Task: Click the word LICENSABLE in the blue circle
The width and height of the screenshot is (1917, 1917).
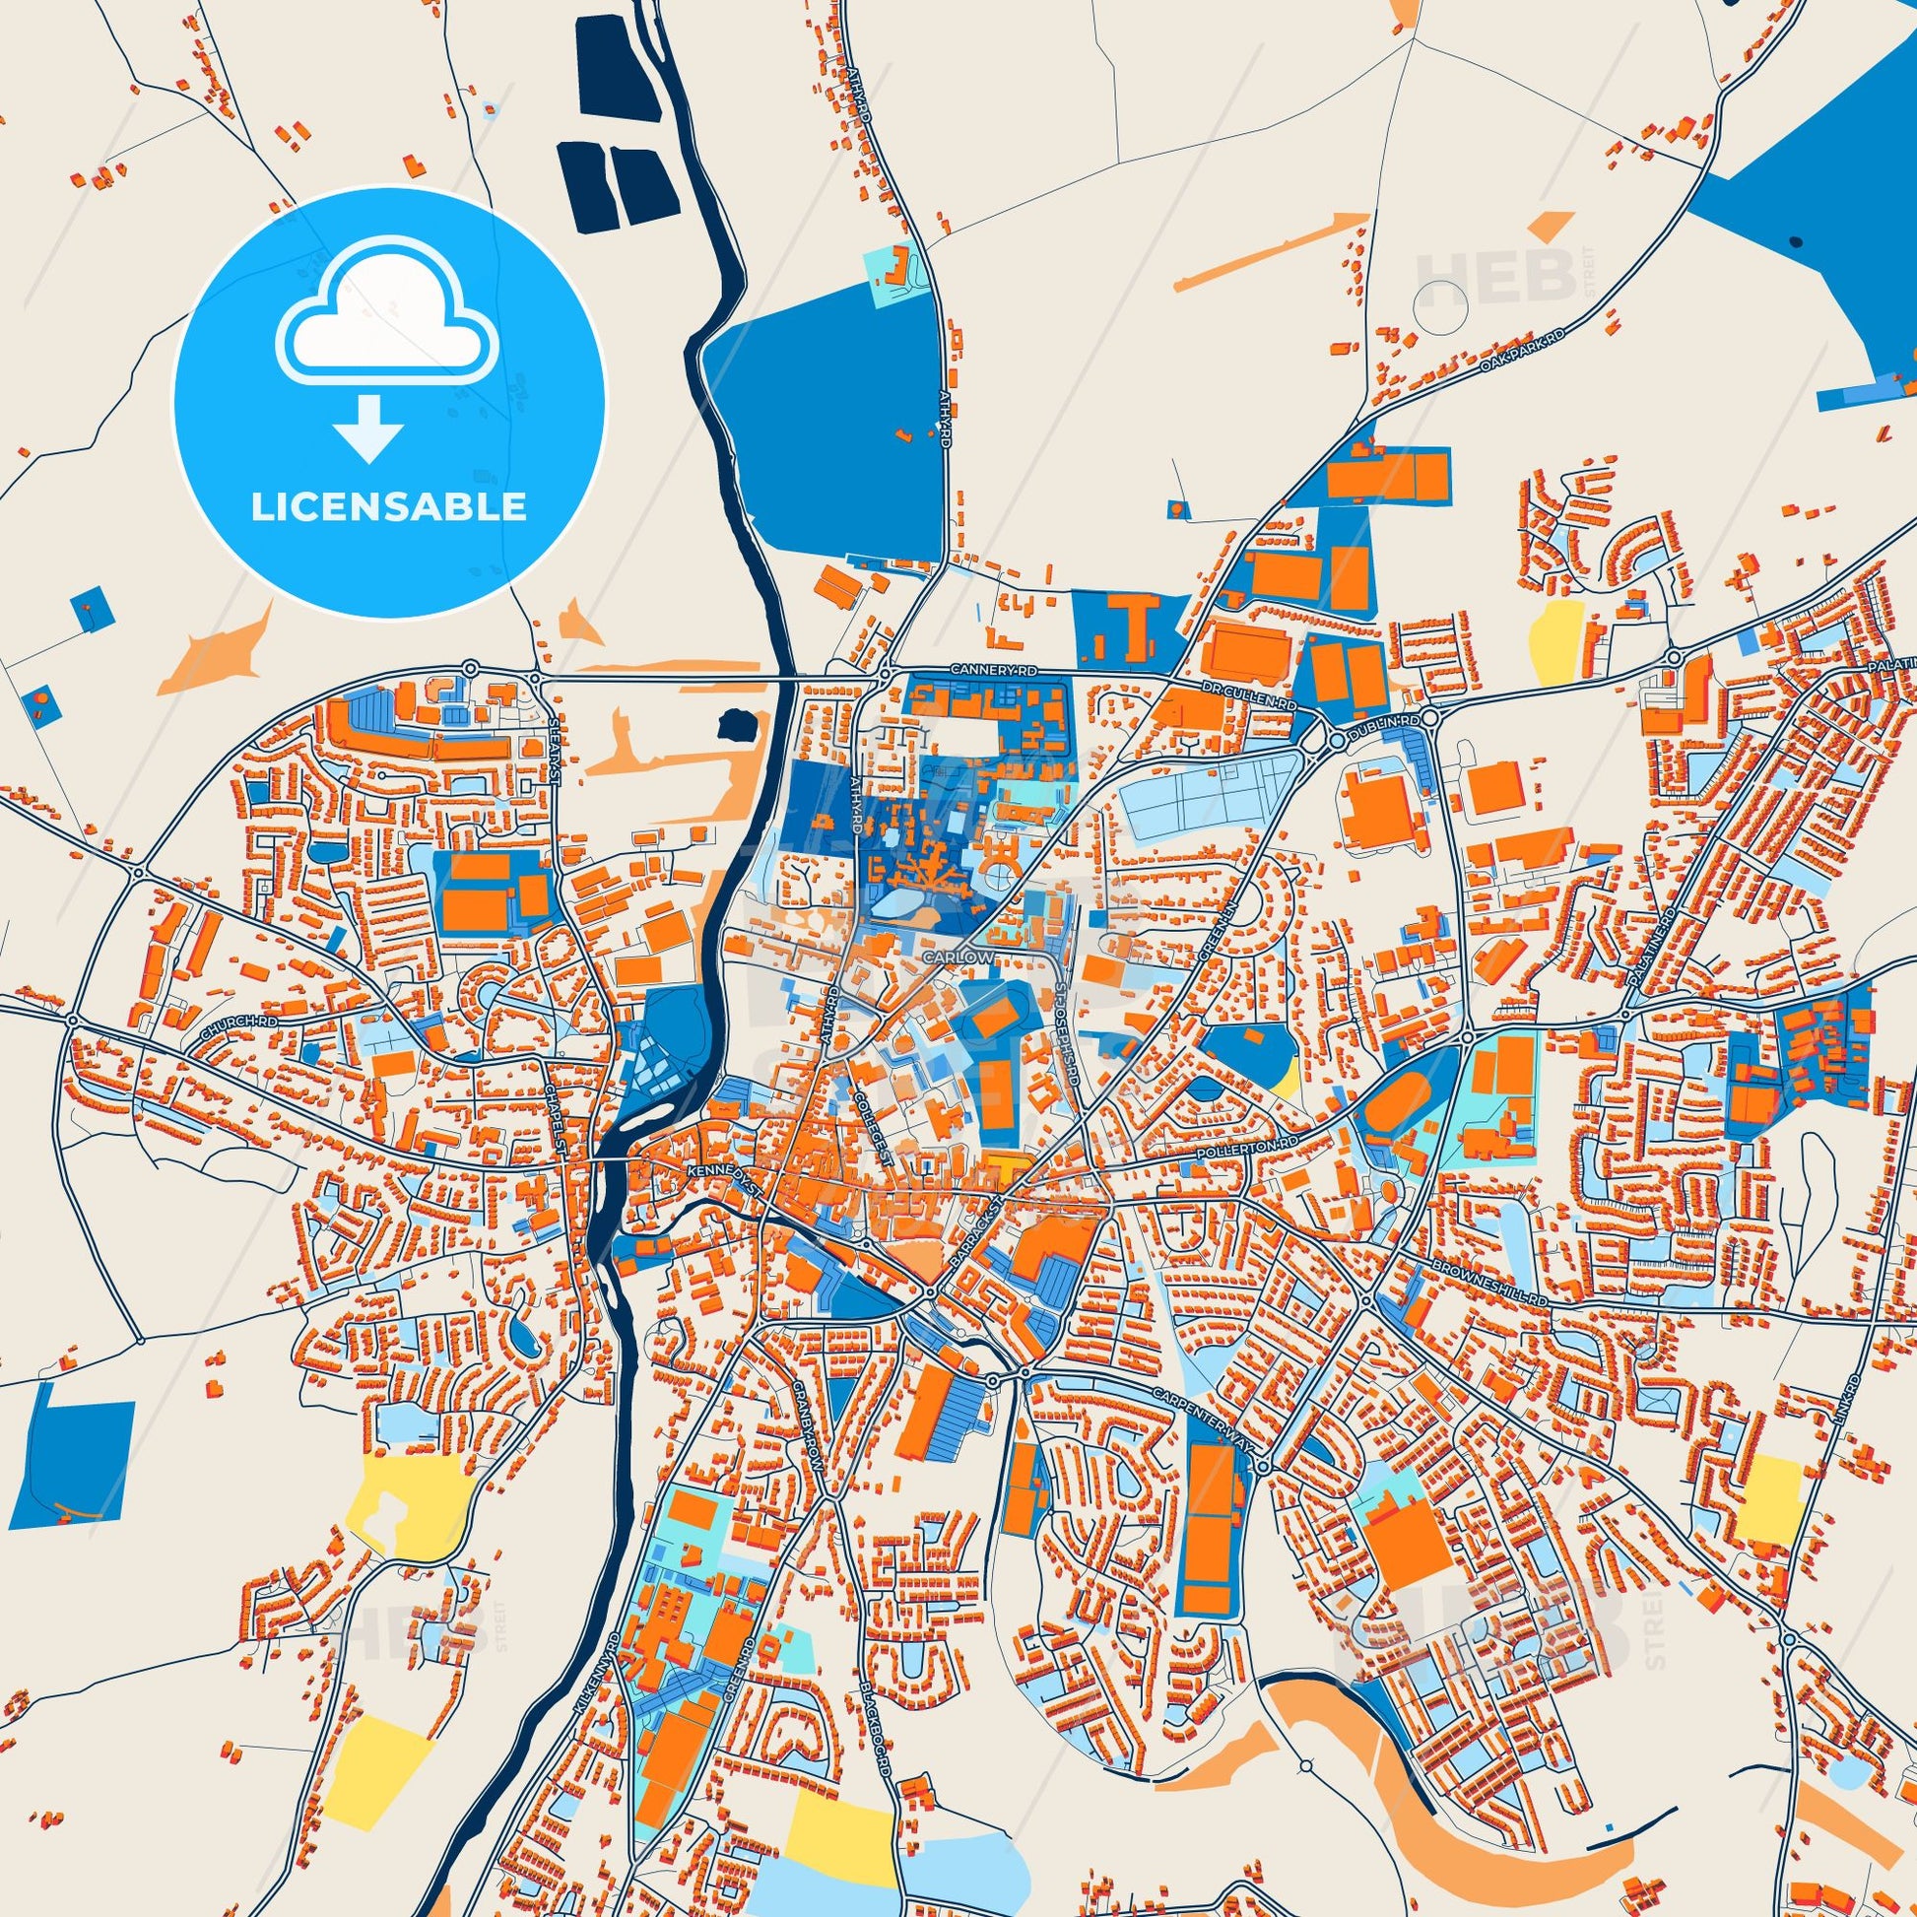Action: tap(389, 507)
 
